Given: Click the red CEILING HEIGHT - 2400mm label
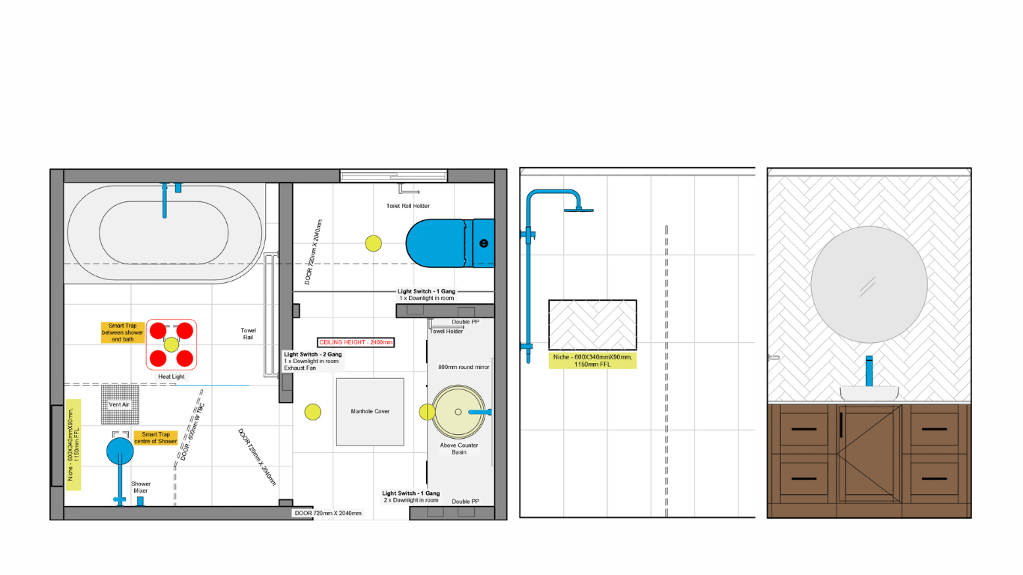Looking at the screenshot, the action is pos(356,342).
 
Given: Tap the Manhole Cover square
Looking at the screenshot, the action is pos(370,412).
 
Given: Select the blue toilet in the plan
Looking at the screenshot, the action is pos(450,243).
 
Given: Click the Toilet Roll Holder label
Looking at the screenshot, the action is pos(408,206).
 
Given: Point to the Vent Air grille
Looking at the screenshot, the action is pos(120,404).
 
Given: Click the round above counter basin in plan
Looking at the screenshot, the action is pos(458,412).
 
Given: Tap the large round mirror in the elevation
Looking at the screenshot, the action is pos(869,285).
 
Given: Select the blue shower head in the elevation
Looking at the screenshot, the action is pos(579,210).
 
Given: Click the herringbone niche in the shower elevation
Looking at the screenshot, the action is pos(592,325).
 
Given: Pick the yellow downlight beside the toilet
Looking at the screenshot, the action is pos(373,243).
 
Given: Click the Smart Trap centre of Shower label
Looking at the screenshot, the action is pos(155,438).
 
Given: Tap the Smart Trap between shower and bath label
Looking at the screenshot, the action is pos(122,332).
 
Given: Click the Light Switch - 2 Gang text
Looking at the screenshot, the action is pos(313,354).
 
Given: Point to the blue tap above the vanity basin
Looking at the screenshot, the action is pos(869,371).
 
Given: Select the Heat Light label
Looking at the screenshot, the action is pos(171,377).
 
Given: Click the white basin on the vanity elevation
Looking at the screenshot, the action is pos(869,393).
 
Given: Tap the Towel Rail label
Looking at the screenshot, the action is pos(248,334).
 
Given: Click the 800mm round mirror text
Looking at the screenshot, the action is pos(464,367).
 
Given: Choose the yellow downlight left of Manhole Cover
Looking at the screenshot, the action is pos(313,412).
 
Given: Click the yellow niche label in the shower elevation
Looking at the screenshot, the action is pos(592,361).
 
